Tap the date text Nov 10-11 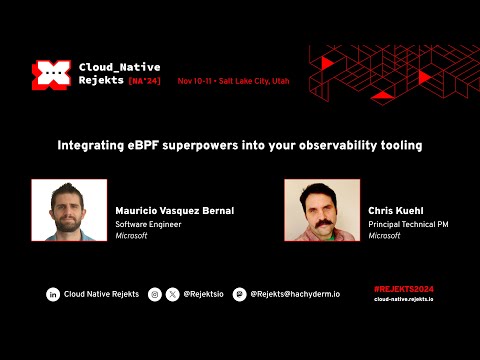pyautogui.click(x=196, y=80)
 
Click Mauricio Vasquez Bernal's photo pyautogui.click(x=68, y=210)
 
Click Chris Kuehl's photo pyautogui.click(x=321, y=210)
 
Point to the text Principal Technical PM pyautogui.click(x=408, y=225)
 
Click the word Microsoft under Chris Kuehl pyautogui.click(x=384, y=237)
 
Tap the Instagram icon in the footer pyautogui.click(x=154, y=295)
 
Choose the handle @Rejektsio pyautogui.click(x=202, y=295)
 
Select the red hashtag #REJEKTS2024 pyautogui.click(x=403, y=289)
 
